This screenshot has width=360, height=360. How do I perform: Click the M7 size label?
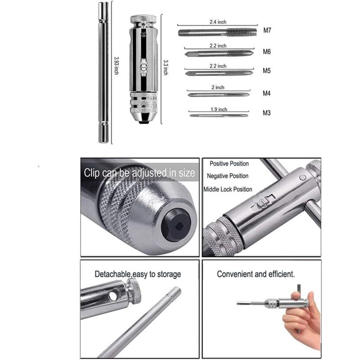[267, 30]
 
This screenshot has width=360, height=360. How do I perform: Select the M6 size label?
[267, 52]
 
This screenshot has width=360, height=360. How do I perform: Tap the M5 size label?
[267, 71]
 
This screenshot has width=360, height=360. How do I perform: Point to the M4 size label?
[267, 94]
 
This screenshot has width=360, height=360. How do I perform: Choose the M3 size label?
[267, 113]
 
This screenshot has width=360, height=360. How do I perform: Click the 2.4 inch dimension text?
[218, 22]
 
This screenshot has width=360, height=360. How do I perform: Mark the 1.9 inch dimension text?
[219, 109]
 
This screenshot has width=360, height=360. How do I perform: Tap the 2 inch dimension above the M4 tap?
[218, 87]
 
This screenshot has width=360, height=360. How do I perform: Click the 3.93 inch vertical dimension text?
[117, 66]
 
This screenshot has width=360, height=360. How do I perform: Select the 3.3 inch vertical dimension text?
[166, 67]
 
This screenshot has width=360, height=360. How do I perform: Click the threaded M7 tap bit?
[217, 32]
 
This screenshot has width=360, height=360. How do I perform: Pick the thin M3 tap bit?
[219, 115]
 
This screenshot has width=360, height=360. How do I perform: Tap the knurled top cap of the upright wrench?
[144, 19]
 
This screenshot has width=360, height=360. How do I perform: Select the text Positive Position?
[229, 164]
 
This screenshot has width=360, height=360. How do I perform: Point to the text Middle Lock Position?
[228, 189]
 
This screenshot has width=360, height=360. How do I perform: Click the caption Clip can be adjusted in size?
[139, 173]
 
